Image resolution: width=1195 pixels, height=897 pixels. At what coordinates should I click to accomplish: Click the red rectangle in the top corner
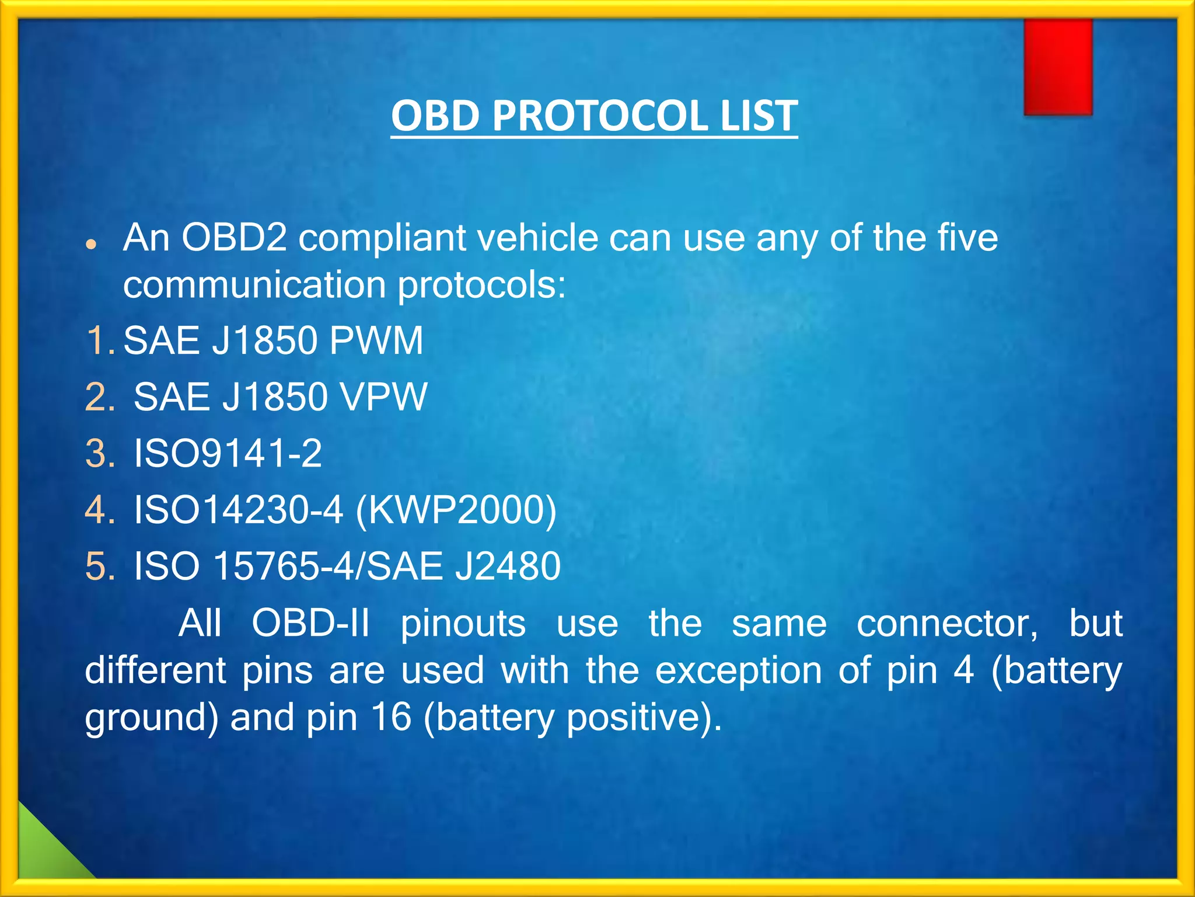click(1057, 67)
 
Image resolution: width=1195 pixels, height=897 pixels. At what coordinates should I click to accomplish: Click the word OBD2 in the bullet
click(234, 238)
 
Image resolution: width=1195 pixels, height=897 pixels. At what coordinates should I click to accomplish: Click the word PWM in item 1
click(376, 340)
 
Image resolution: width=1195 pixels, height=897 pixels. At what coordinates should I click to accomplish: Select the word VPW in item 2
click(383, 397)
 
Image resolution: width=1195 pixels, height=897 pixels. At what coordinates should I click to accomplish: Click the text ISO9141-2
click(228, 454)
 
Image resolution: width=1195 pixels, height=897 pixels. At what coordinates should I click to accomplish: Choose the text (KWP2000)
click(456, 510)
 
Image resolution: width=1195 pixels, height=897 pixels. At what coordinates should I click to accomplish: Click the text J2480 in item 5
click(508, 566)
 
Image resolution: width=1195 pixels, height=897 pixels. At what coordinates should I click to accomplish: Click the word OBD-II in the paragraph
click(310, 623)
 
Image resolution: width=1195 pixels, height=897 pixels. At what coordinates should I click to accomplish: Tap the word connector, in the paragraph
click(947, 623)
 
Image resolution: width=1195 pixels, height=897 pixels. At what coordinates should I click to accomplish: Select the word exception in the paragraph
click(738, 670)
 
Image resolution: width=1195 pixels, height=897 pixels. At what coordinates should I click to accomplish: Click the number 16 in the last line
click(391, 717)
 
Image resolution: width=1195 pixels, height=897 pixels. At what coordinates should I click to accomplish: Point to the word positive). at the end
click(644, 718)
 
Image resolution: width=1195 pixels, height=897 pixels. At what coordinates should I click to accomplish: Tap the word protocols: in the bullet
click(481, 286)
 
